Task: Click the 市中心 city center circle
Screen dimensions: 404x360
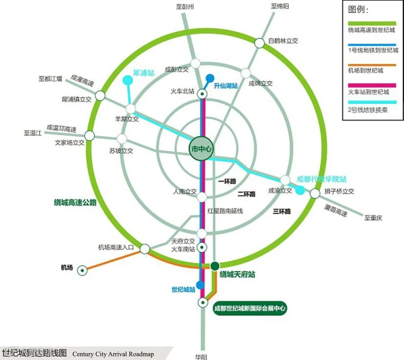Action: [202, 149]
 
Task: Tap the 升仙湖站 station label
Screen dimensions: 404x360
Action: [225, 86]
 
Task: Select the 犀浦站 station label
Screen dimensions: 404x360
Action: [144, 73]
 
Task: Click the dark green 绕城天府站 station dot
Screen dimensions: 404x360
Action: [214, 266]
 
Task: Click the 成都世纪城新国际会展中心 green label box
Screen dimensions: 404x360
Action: [249, 309]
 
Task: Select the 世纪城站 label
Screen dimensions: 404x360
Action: [184, 290]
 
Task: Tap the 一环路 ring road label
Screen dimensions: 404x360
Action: [227, 181]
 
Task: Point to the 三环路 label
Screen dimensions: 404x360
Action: [282, 211]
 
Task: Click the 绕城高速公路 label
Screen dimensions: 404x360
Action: [75, 202]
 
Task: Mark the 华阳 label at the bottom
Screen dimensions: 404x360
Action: [202, 355]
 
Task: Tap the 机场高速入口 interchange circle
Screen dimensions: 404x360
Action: [144, 249]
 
